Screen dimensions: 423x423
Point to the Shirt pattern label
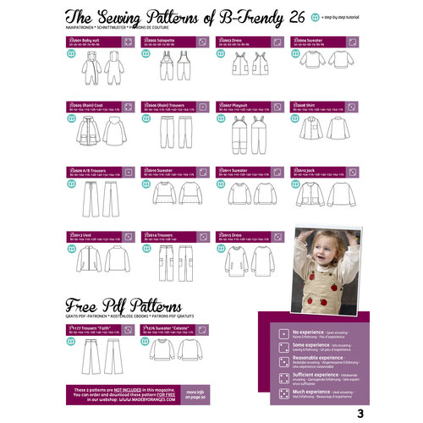point(305,106)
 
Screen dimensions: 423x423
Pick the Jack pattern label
point(306,169)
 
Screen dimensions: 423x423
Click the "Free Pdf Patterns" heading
point(122,305)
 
